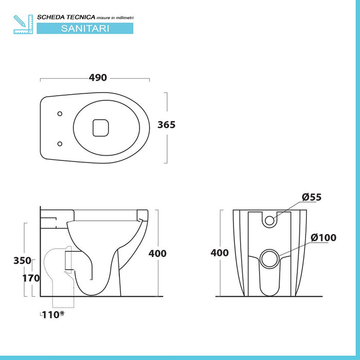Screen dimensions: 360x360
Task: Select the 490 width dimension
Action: pyautogui.click(x=98, y=78)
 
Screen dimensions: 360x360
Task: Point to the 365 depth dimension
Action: pyautogui.click(x=166, y=125)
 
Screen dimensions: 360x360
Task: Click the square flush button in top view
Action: pyautogui.click(x=100, y=127)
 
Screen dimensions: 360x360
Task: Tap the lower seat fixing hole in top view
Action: pyautogui.click(x=61, y=143)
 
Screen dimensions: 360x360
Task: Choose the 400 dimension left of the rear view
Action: pyautogui.click(x=220, y=253)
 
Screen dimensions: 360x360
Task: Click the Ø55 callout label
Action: pyautogui.click(x=312, y=197)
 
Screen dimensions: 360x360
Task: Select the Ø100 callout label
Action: pyautogui.click(x=323, y=238)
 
